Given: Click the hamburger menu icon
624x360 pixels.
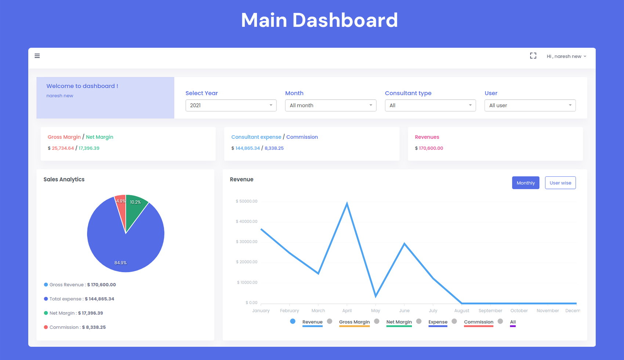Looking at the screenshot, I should tap(37, 56).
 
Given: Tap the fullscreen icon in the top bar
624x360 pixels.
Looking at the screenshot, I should tap(533, 56).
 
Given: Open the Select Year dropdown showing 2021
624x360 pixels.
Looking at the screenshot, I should tap(231, 105).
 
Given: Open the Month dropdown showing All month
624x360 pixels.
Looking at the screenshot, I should tap(330, 105).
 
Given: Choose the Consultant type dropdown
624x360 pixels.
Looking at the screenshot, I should tap(430, 105).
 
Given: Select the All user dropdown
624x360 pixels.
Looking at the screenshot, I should tap(530, 105).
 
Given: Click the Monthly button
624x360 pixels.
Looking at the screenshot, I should tap(525, 183).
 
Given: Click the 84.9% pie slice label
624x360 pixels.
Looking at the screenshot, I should tap(120, 263).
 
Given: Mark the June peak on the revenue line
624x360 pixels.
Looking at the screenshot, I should tap(404, 244).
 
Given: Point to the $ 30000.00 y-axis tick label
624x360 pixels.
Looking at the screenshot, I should tap(246, 242).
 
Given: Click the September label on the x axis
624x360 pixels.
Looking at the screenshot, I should tap(490, 311).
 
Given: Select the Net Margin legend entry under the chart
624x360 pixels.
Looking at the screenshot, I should tap(399, 322).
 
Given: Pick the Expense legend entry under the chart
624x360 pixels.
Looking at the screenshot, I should tap(438, 322).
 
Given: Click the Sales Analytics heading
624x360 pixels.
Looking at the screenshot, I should tap(64, 179).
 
